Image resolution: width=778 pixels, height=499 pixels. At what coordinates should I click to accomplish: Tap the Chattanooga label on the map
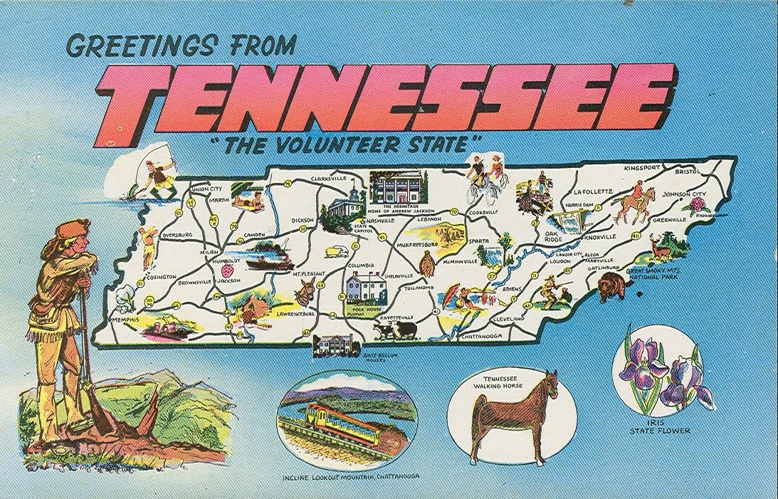[482, 335]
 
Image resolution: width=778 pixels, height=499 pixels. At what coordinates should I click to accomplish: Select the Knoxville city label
[603, 237]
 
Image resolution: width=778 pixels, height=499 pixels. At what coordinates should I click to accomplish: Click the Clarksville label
[328, 178]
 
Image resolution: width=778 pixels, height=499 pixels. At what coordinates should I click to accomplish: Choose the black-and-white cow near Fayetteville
[394, 330]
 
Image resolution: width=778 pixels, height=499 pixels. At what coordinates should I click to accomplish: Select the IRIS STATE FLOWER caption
[660, 426]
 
